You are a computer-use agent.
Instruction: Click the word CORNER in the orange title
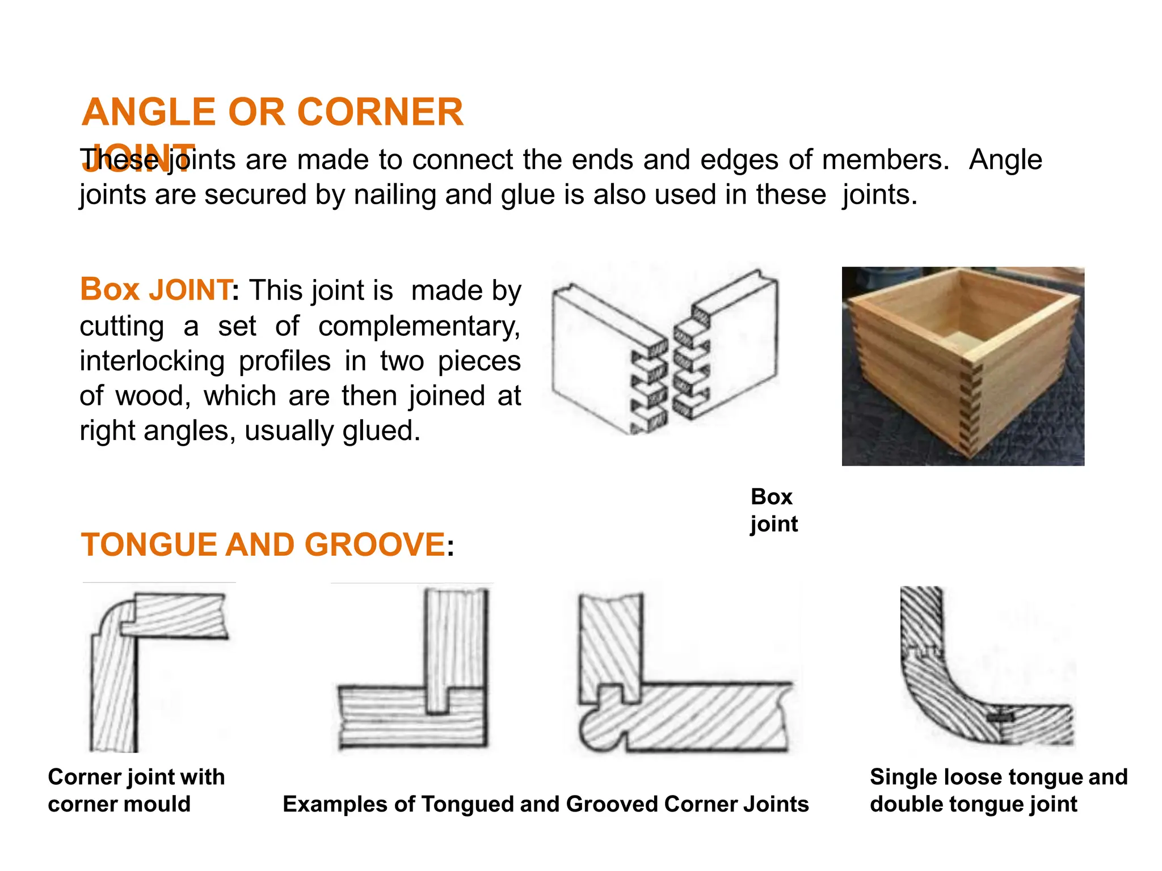tap(380, 112)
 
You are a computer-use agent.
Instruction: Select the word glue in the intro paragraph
tap(527, 195)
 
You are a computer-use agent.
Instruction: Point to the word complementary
tap(419, 327)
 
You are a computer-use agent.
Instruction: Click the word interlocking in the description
tap(152, 362)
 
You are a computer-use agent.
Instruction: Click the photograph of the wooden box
tap(962, 366)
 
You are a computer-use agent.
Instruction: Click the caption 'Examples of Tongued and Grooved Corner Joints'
tap(545, 804)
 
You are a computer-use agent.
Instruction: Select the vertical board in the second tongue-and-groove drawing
tap(456, 646)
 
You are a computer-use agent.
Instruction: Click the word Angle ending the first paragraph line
tap(1005, 160)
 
